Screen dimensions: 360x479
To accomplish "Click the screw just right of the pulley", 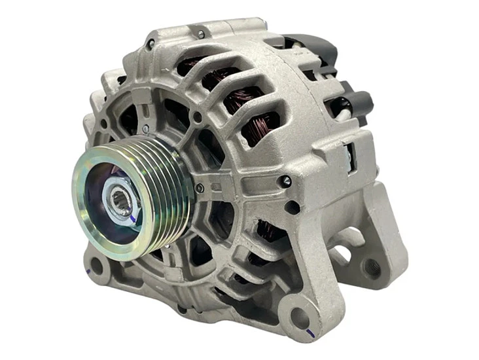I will [200, 188].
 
